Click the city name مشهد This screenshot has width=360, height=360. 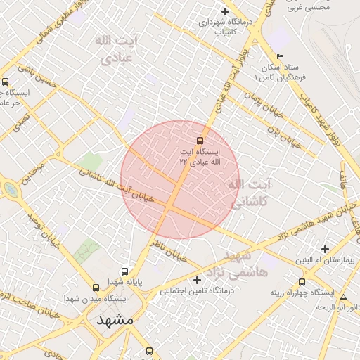click(x=115, y=320)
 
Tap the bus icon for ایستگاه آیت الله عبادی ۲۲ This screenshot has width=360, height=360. click(x=200, y=140)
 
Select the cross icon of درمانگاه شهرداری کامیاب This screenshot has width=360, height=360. click(x=225, y=11)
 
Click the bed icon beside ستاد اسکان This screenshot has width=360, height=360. click(x=281, y=56)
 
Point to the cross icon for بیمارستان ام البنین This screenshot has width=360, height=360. click(x=324, y=249)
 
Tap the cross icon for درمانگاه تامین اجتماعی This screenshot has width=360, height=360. click(x=196, y=280)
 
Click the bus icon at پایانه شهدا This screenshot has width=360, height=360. click(x=125, y=271)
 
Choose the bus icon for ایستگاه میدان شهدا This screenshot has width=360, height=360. click(x=96, y=287)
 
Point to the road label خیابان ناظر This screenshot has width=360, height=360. click(x=169, y=250)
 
